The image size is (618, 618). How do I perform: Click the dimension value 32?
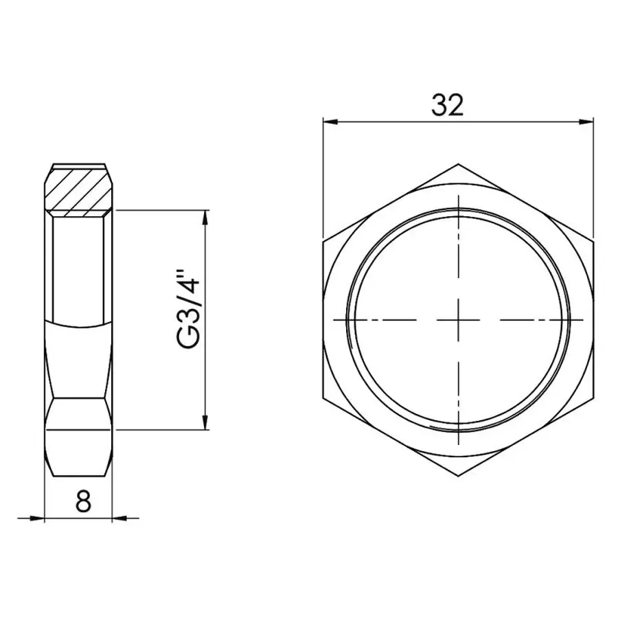(448, 105)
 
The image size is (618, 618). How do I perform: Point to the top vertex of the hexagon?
(459, 164)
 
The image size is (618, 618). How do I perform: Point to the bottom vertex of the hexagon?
(459, 477)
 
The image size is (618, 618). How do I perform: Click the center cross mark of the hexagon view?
(459, 320)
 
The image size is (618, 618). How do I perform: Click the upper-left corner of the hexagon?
(323, 242)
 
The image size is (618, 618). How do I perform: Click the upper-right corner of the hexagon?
(594, 242)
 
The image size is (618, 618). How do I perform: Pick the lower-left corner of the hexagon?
(323, 398)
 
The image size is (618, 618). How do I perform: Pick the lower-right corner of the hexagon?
(594, 398)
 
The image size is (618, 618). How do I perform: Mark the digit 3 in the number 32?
(439, 105)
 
